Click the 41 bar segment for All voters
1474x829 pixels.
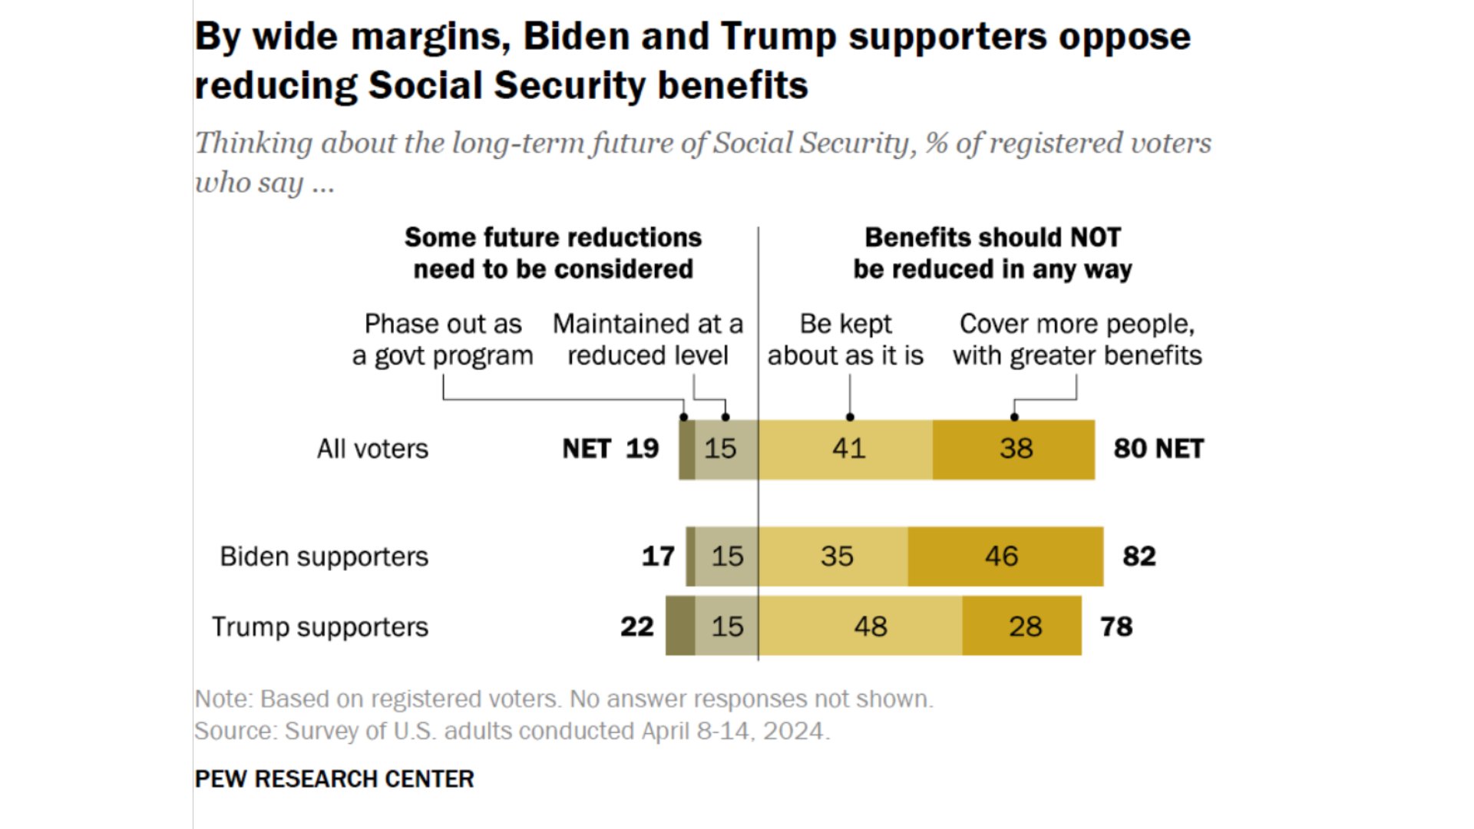[x=846, y=449]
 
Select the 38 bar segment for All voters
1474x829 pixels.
[x=1014, y=449]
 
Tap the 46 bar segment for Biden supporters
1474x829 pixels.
[x=1005, y=557]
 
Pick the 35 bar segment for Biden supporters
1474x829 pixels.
[x=834, y=557]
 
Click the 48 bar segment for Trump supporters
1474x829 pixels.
[x=861, y=626]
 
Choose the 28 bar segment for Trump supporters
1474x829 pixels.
[x=1022, y=626]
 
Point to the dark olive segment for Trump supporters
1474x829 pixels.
[x=680, y=626]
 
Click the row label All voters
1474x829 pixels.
[x=372, y=449]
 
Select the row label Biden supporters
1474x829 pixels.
[x=324, y=557]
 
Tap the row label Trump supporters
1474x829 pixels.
[x=320, y=627]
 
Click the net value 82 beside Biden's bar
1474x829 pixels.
[x=1139, y=557]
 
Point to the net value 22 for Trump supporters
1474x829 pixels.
[x=637, y=627]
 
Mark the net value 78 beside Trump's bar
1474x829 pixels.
[x=1116, y=627]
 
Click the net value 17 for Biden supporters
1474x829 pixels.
[x=658, y=557]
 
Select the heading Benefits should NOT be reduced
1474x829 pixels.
[x=993, y=253]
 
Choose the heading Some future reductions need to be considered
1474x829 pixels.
[x=553, y=253]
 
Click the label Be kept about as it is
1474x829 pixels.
[x=845, y=339]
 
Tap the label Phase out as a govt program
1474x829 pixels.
[x=442, y=339]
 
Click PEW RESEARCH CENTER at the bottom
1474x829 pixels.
[x=334, y=779]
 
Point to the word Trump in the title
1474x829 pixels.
[x=778, y=37]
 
